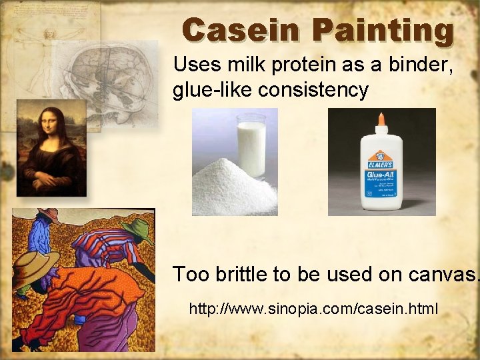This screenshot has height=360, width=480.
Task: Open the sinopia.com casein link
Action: point(313,309)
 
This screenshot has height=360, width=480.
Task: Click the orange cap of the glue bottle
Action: point(381,121)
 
